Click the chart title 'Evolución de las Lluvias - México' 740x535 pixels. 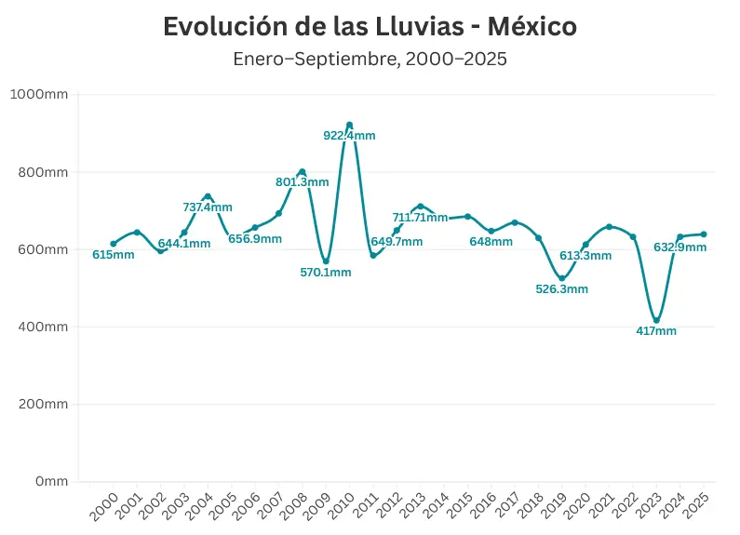click(370, 27)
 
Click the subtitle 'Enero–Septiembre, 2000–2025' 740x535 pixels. click(370, 60)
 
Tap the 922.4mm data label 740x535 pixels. click(349, 136)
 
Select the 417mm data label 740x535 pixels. click(656, 331)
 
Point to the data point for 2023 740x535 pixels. click(656, 320)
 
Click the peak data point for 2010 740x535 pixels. click(349, 125)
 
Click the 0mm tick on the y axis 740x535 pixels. click(50, 481)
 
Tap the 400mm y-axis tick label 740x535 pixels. click(43, 327)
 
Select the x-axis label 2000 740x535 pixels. click(105, 509)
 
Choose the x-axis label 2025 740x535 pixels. click(696, 509)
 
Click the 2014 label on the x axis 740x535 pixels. click(436, 509)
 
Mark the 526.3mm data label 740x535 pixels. click(561, 289)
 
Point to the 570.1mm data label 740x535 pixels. click(325, 273)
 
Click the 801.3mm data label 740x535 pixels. click(302, 182)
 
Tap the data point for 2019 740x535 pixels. click(561, 278)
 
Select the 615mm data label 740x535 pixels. click(113, 255)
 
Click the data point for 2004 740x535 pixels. click(208, 196)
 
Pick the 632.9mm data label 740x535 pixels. click(679, 247)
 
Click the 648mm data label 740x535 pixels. click(491, 242)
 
